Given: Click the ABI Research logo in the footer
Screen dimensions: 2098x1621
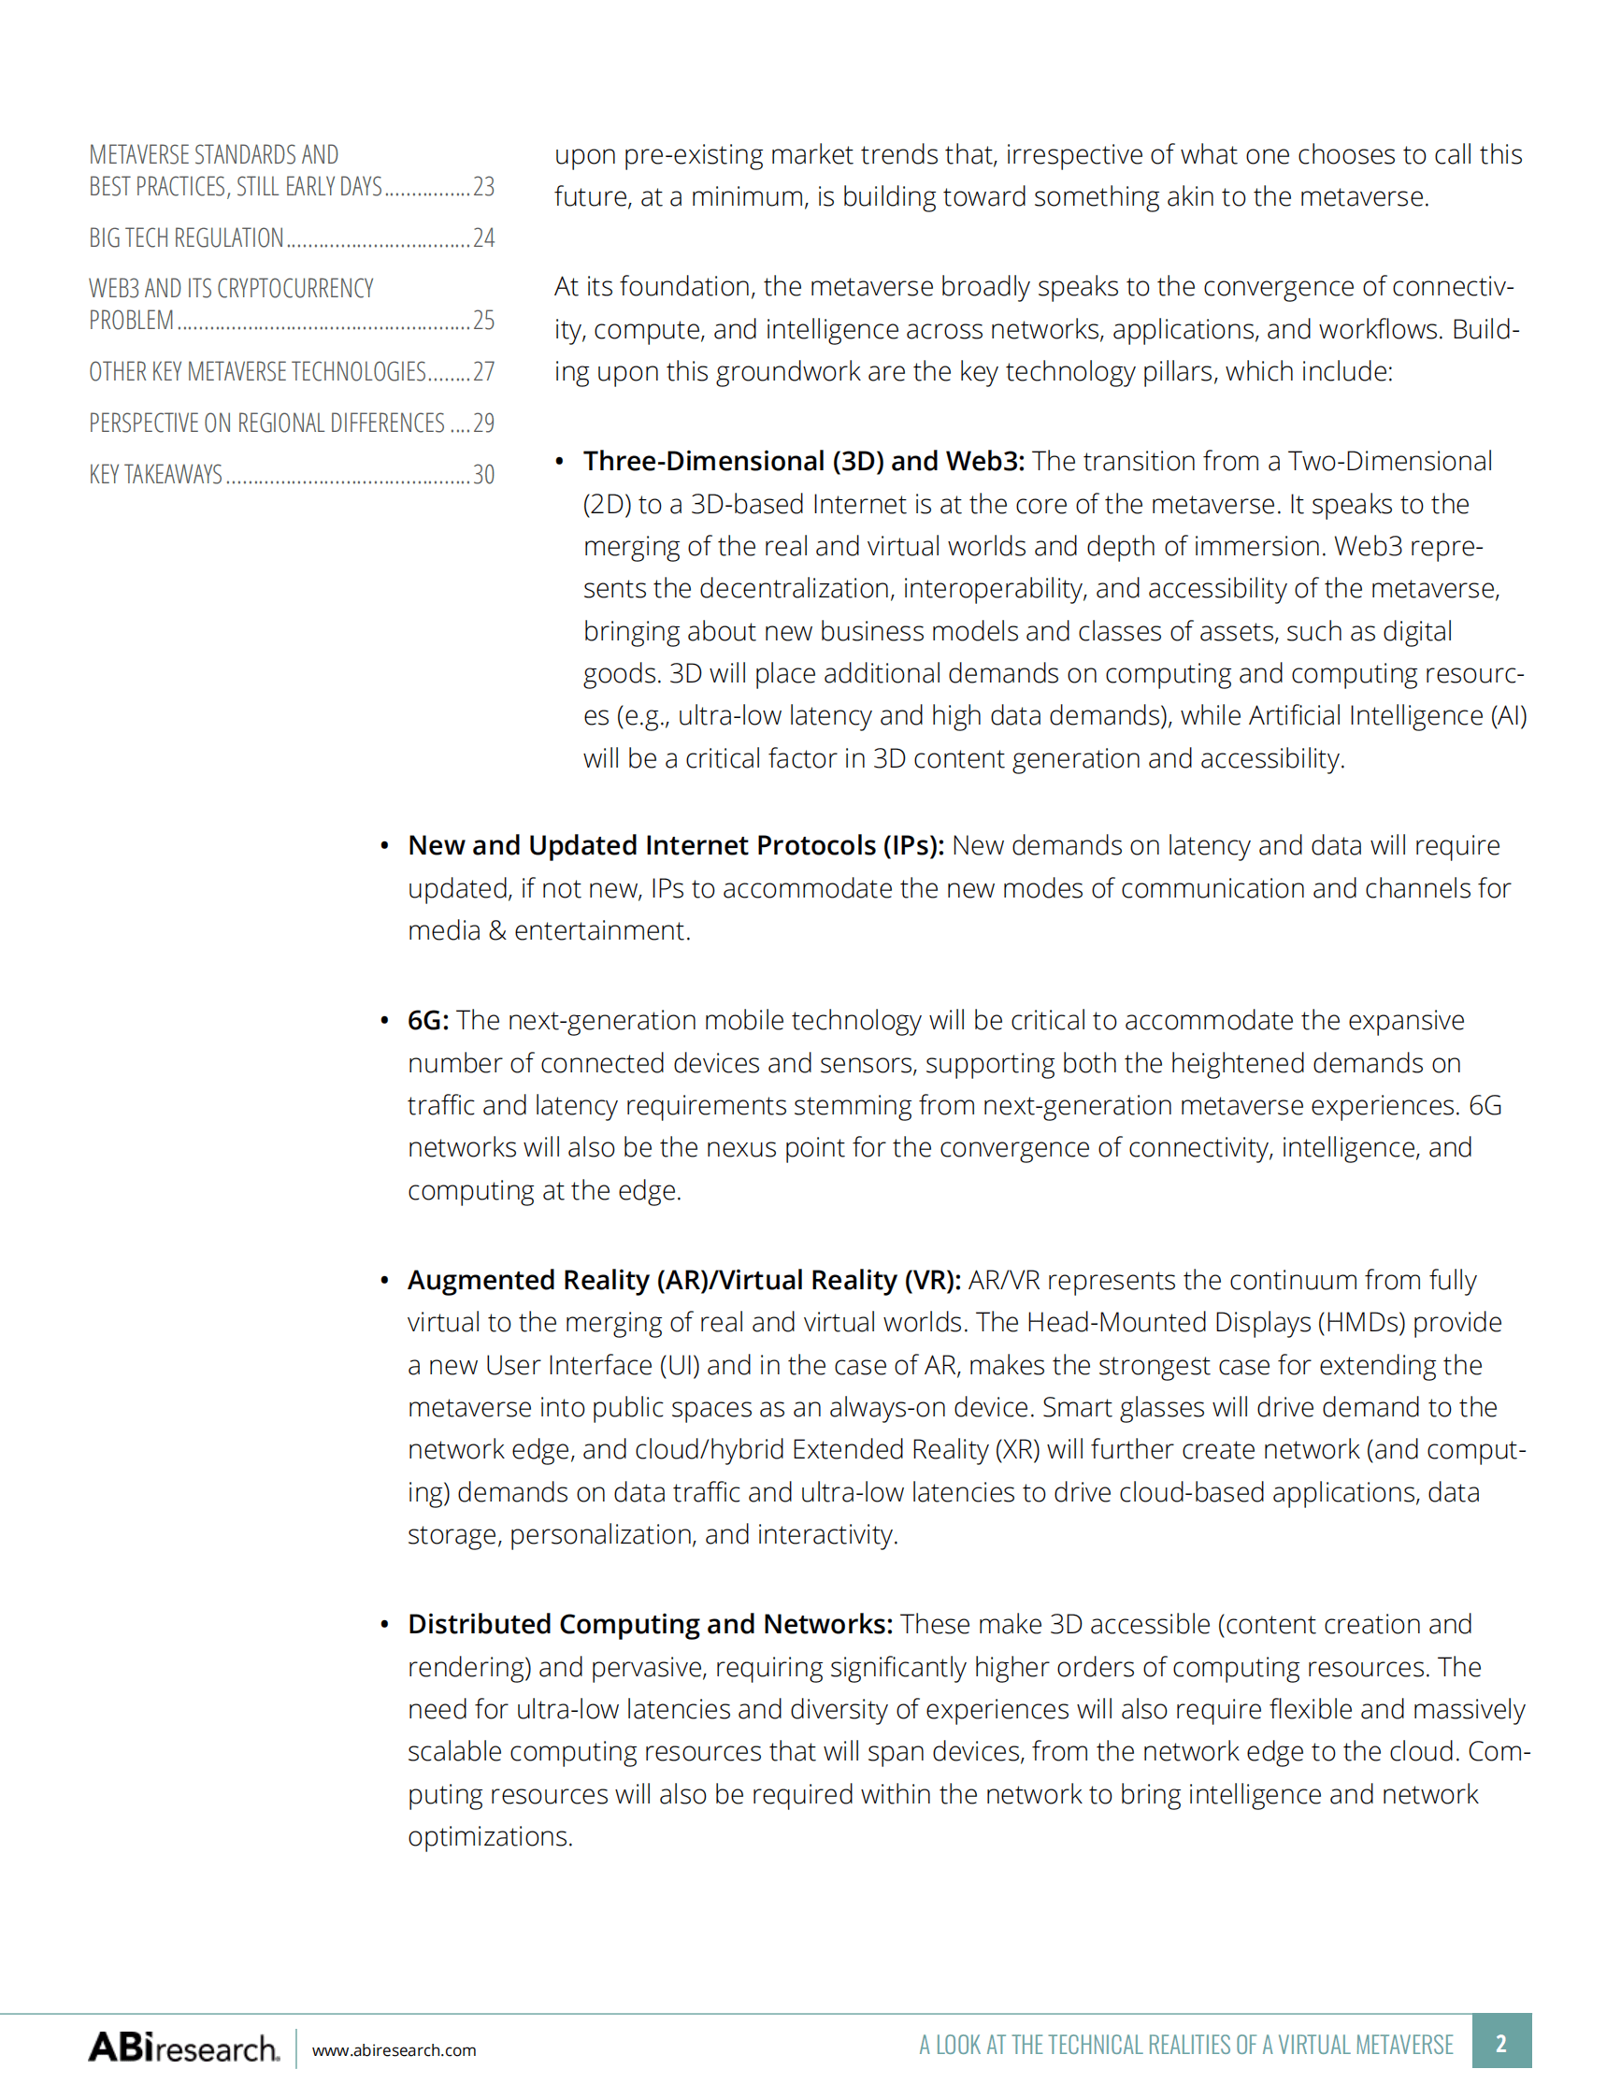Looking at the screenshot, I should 183,2048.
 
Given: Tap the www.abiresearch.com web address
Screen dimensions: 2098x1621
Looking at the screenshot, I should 394,2050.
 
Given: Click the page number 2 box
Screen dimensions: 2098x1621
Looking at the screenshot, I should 1501,2043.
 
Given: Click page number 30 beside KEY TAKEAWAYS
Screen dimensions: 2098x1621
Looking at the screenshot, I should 484,475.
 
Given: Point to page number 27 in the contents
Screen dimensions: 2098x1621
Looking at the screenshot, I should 484,372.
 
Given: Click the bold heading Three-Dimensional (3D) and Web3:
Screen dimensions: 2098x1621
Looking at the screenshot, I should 803,462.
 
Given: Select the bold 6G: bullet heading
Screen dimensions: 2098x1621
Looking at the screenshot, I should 427,1020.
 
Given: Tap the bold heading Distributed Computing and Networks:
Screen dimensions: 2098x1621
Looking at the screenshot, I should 650,1624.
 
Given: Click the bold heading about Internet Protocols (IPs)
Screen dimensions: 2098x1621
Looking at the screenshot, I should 675,845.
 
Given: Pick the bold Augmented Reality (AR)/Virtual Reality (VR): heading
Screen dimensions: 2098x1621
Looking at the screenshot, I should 683,1281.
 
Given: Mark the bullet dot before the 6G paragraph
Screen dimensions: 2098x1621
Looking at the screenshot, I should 384,1021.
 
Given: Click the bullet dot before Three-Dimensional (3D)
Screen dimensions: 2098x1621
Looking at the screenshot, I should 559,462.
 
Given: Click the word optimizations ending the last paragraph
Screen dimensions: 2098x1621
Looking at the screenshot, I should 490,1837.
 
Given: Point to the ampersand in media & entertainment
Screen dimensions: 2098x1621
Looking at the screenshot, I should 497,931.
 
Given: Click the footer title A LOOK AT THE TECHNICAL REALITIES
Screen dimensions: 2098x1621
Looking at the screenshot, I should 1186,2045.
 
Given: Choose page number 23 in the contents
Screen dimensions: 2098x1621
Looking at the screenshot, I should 484,186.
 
